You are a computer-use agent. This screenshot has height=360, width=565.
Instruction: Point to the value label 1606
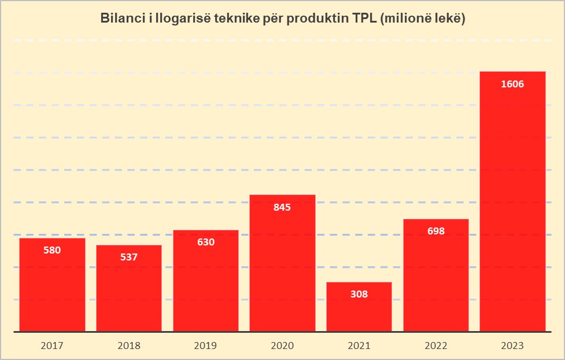[x=512, y=85]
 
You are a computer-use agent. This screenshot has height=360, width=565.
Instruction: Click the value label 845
[x=282, y=207]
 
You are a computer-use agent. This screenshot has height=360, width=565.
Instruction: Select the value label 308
[x=359, y=294]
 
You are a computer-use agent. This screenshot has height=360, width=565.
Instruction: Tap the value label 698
[x=436, y=231]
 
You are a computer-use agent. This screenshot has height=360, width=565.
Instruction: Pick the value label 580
[x=52, y=250]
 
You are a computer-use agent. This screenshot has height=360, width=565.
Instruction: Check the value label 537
[x=129, y=257]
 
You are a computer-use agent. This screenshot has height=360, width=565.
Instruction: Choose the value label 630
[x=206, y=242]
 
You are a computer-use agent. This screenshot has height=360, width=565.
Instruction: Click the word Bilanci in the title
[x=120, y=18]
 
